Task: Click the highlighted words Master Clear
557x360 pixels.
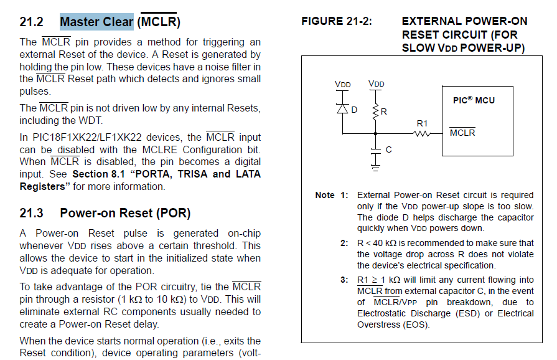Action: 96,22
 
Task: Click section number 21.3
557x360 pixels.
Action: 31,213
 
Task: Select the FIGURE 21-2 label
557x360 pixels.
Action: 337,22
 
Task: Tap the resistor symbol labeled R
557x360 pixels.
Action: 375,112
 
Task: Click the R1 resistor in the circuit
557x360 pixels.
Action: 423,133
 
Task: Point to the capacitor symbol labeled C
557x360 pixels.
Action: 375,150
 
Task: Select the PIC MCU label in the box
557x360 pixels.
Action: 474,100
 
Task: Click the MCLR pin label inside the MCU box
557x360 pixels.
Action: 462,133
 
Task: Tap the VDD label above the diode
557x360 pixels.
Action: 342,84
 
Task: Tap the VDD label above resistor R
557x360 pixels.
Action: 376,84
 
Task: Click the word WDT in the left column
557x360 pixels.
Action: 91,120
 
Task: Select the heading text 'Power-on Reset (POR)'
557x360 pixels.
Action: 125,213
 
